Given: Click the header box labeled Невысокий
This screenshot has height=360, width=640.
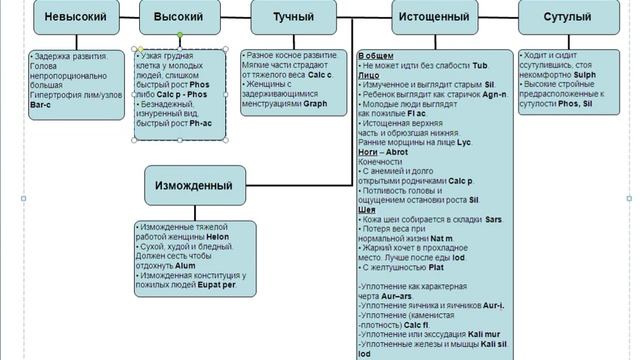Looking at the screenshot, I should [x=69, y=18].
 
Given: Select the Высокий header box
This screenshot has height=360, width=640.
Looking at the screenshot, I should [x=180, y=18].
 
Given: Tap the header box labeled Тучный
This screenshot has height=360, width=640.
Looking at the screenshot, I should [x=293, y=18].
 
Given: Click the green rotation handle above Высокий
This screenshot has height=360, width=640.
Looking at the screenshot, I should [x=180, y=35].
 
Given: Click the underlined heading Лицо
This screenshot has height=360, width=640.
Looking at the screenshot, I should [x=367, y=75].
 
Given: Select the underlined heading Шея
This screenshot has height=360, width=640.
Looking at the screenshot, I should [x=365, y=210].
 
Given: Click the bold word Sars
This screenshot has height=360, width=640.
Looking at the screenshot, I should [x=492, y=219].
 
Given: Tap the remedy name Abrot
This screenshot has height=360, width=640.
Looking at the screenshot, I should [x=393, y=153].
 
